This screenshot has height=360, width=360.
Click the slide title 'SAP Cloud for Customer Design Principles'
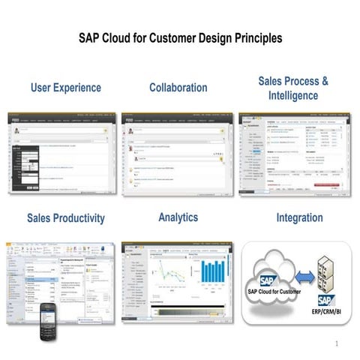pyautogui.click(x=180, y=37)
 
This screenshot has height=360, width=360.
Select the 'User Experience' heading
pyautogui.click(x=66, y=88)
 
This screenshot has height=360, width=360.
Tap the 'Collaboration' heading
pyautogui.click(x=178, y=88)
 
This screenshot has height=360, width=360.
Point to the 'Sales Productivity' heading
pyautogui.click(x=66, y=218)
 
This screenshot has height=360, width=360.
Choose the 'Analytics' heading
pyautogui.click(x=178, y=217)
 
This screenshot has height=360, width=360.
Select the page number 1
pyautogui.click(x=337, y=344)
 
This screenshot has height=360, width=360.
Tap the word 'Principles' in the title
pyautogui.click(x=255, y=37)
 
